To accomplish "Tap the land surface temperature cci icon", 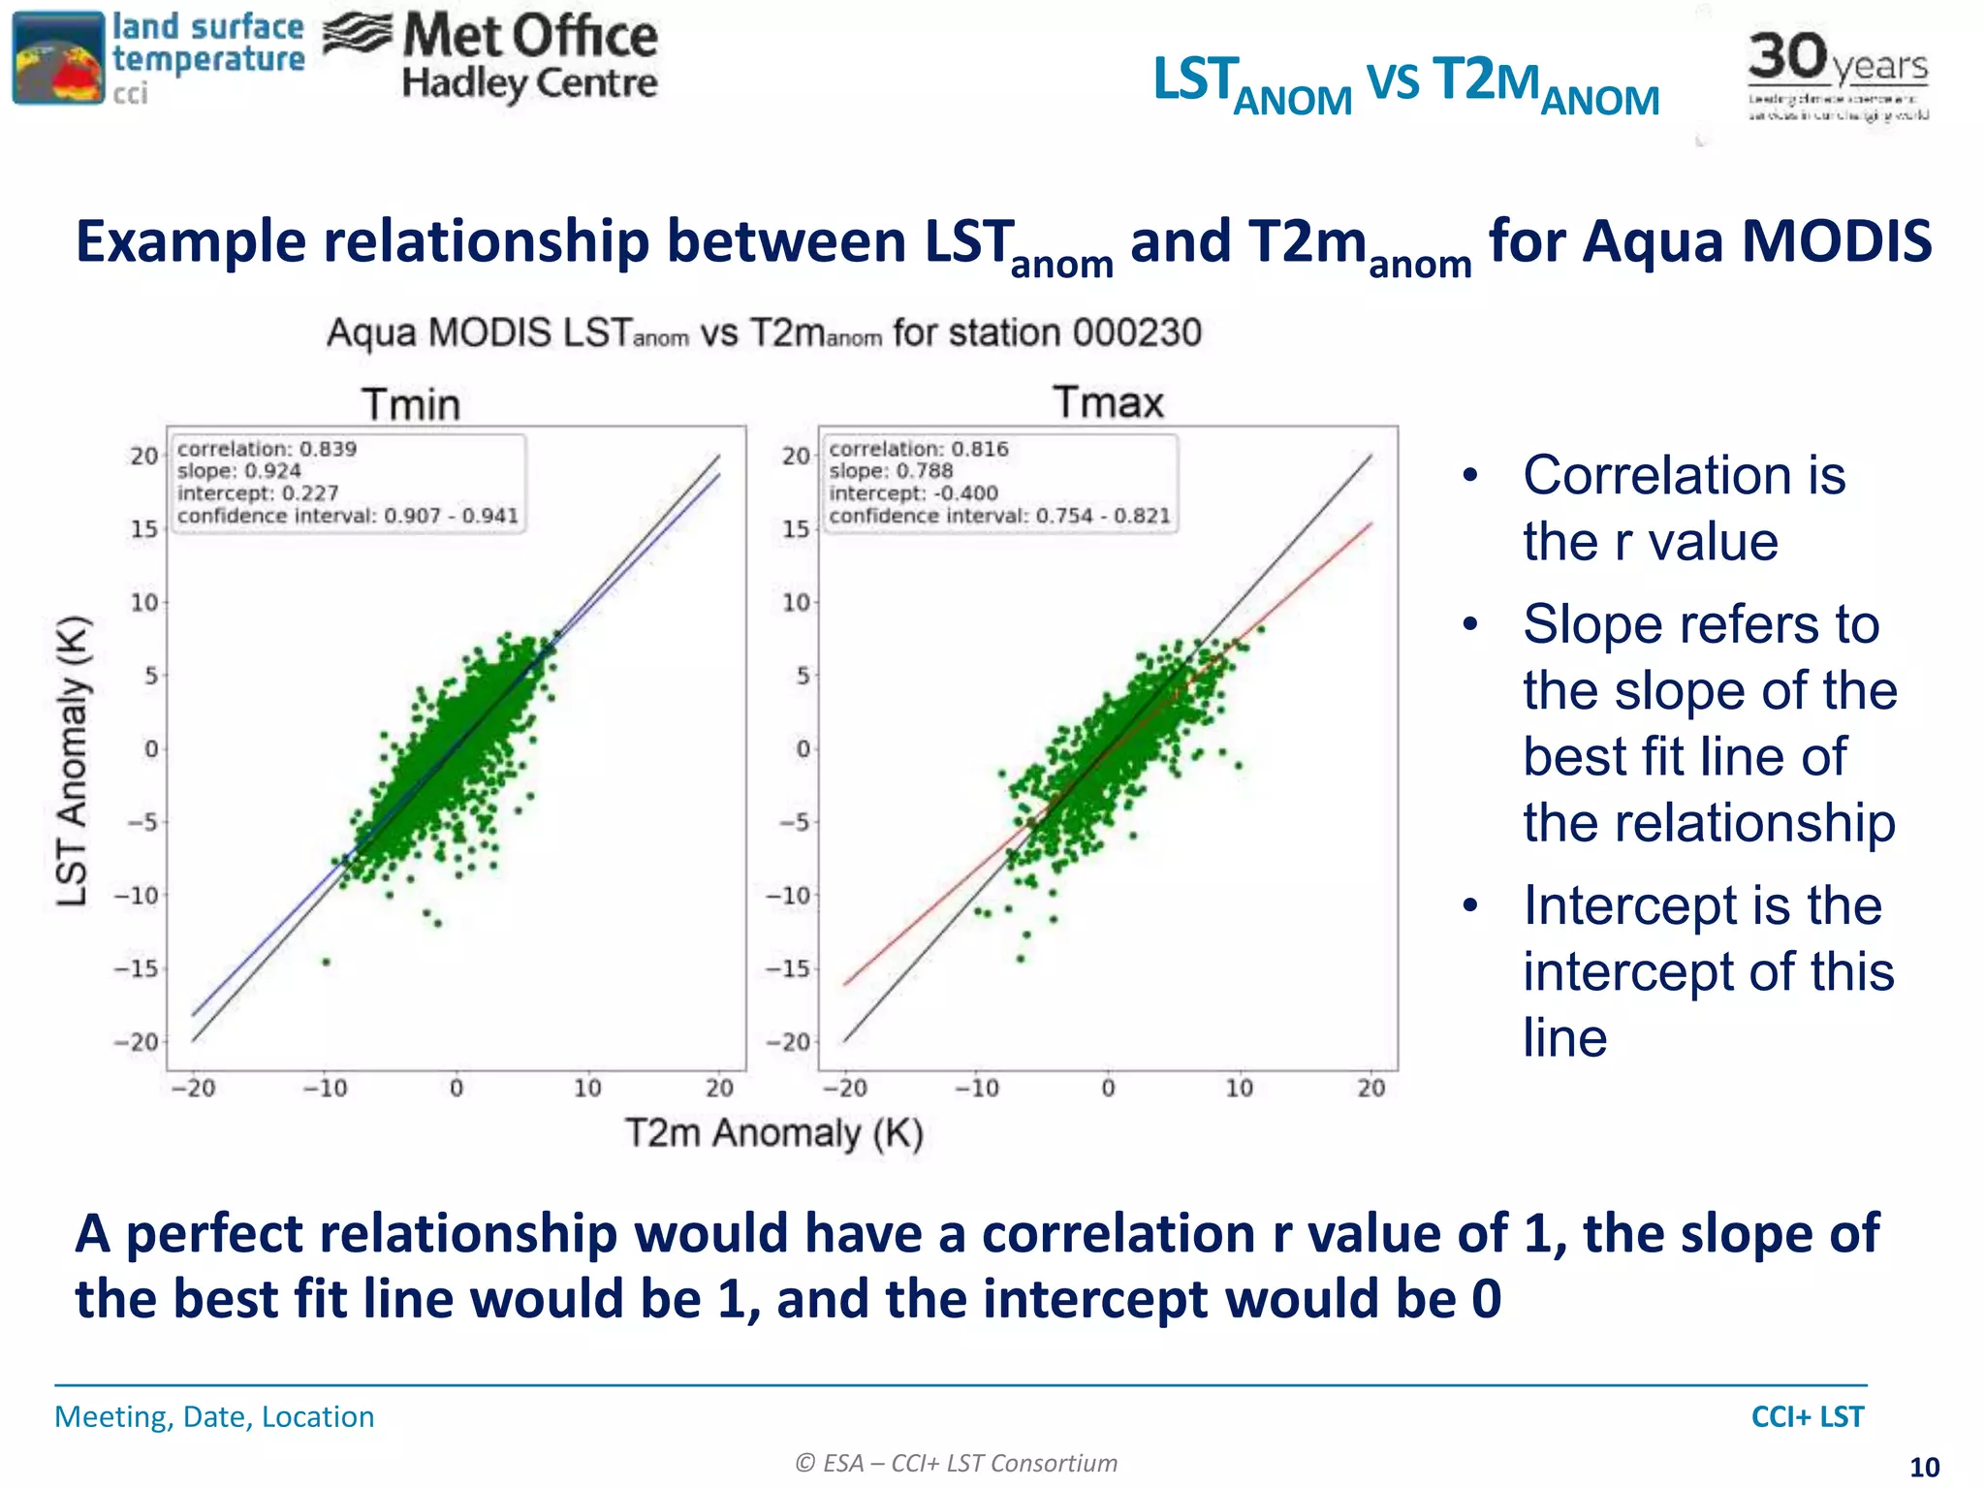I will pos(58,58).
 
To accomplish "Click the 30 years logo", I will pos(1838,73).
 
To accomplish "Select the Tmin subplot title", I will pos(411,404).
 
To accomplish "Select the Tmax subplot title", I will pos(1108,402).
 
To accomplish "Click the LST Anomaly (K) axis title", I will pos(73,761).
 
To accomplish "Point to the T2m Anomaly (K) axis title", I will pos(773,1132).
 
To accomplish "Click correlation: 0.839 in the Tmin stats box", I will pos(268,449).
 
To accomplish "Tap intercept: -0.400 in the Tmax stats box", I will pos(913,492).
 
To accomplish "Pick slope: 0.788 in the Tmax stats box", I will pos(891,471).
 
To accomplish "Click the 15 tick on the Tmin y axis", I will pos(144,529).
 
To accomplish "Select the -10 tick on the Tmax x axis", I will pos(976,1089).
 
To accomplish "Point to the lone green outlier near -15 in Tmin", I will pos(327,962).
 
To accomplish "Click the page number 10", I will pos(1924,1467).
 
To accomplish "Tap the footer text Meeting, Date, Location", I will pos(214,1416).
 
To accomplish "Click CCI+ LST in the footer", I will pos(1807,1416).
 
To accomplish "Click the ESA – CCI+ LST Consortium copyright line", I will pos(956,1463).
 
